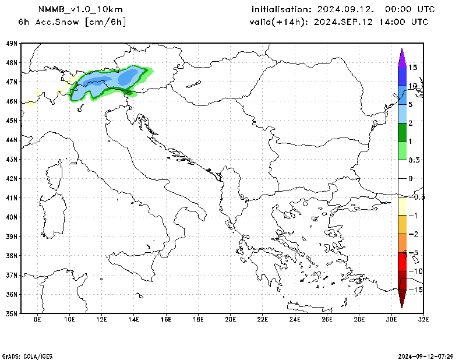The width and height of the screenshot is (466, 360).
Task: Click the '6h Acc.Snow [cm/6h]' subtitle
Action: (x=72, y=22)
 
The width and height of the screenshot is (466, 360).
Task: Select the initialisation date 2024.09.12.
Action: (x=348, y=9)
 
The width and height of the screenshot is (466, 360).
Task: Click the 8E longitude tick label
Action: (x=37, y=320)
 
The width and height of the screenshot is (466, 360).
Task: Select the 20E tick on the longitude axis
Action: (x=230, y=320)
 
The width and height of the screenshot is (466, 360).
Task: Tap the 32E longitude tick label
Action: (x=423, y=320)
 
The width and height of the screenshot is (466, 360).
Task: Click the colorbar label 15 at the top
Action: (x=412, y=68)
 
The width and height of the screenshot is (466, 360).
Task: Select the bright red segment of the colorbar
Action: (x=402, y=262)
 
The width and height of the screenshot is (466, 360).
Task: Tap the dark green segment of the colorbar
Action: (x=402, y=132)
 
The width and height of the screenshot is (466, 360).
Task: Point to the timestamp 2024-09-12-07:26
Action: (x=430, y=355)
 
